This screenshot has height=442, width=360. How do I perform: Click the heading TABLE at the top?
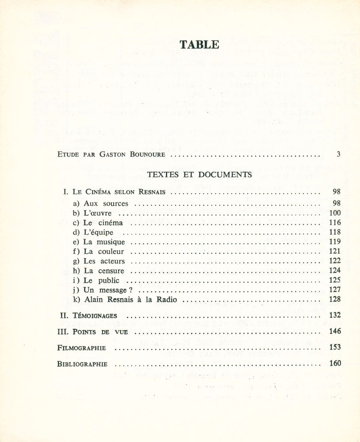199,44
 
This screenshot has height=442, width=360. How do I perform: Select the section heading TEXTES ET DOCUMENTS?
199,174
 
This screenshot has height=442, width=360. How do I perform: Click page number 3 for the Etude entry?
338,154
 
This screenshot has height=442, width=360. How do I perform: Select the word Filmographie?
82,348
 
